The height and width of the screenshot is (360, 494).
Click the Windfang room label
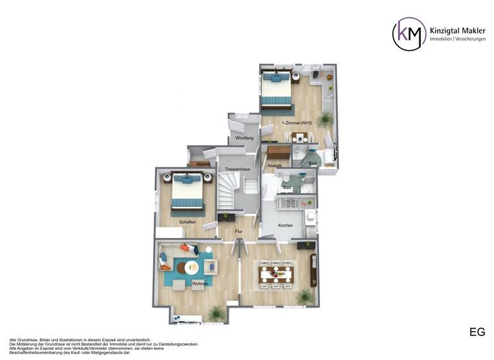pyautogui.click(x=244, y=138)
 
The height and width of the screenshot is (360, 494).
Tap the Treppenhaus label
pyautogui.click(x=237, y=169)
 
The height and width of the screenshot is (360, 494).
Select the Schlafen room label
pyautogui.click(x=188, y=222)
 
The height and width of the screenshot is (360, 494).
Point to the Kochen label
pyautogui.click(x=286, y=225)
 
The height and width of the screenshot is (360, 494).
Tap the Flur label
pyautogui.click(x=238, y=231)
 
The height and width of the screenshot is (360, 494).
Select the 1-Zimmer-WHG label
pyautogui.click(x=297, y=122)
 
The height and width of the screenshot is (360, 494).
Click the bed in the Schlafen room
pyautogui.click(x=187, y=192)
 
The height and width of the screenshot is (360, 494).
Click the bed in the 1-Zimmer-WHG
pyautogui.click(x=276, y=90)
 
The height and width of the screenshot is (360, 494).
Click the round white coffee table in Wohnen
pyautogui.click(x=192, y=267)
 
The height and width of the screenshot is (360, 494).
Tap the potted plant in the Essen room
pyautogui.click(x=304, y=296)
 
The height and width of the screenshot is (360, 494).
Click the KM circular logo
pyautogui.click(x=409, y=34)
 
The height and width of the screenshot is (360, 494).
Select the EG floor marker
pyautogui.click(x=477, y=332)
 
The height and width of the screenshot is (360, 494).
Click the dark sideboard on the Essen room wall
pyautogui.click(x=314, y=270)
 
